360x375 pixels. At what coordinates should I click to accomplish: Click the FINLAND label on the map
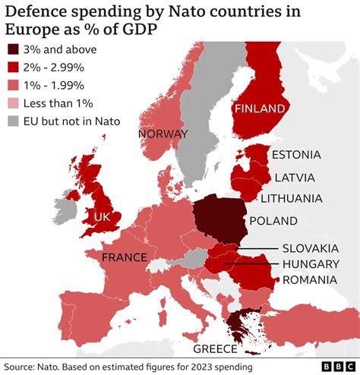tap(261, 109)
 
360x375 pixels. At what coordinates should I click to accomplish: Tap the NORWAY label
tap(163, 134)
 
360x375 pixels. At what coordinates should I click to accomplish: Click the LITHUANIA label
tap(291, 199)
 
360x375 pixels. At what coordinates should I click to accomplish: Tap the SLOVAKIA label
tap(310, 247)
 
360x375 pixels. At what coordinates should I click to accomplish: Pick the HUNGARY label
tap(310, 263)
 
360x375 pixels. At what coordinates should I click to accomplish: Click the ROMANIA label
tap(309, 280)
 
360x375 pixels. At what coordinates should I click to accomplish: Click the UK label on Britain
tap(103, 216)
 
